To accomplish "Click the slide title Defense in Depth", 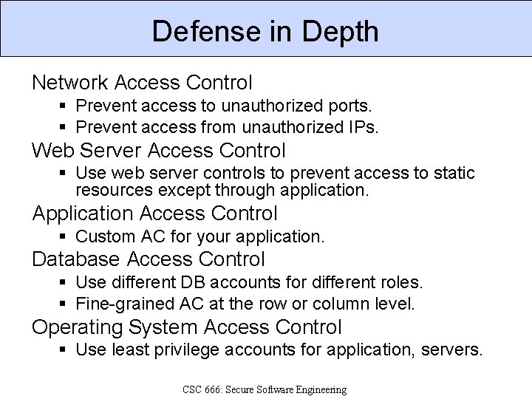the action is (x=265, y=31).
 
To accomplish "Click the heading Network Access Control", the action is (x=142, y=83).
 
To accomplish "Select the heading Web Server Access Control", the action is (x=158, y=151).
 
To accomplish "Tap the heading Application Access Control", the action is (x=154, y=214).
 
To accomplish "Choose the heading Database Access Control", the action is (x=148, y=259).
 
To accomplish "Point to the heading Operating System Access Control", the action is (x=186, y=327).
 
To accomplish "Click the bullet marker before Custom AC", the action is (x=64, y=237).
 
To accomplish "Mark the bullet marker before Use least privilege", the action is (x=64, y=349).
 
